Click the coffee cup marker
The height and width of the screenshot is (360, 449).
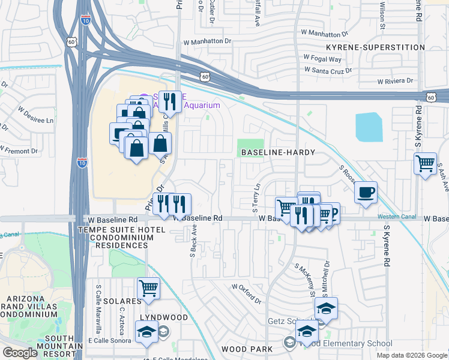(365, 193)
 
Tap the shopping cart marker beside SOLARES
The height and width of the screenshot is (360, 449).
(148, 288)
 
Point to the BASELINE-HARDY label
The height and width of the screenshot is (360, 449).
(278, 152)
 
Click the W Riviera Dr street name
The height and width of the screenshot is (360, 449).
(395, 81)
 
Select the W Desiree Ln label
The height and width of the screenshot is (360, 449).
(35, 115)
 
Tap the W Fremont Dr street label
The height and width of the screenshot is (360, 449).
(19, 150)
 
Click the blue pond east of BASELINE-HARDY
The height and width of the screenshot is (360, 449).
(369, 127)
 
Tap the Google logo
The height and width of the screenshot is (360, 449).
(20, 353)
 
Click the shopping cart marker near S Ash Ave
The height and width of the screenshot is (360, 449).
(425, 163)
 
